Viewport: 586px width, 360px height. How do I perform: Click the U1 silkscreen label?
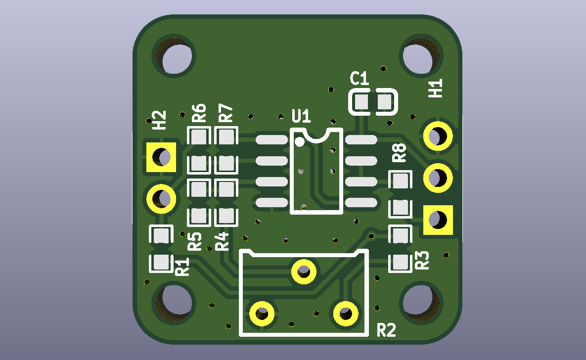click(x=301, y=116)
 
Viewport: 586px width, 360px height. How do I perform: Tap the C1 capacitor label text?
click(x=360, y=79)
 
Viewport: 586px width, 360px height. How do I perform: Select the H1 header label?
click(x=435, y=88)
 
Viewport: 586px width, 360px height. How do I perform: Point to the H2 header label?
click(x=159, y=120)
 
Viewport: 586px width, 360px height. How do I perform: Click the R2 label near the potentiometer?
click(x=386, y=330)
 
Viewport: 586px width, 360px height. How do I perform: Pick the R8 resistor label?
click(x=399, y=152)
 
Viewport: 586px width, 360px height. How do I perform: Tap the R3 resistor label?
click(x=422, y=260)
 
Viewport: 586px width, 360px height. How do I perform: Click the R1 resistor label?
click(x=182, y=267)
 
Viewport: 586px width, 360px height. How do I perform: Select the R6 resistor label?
click(x=199, y=113)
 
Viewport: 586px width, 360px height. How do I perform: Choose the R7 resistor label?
click(x=225, y=113)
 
